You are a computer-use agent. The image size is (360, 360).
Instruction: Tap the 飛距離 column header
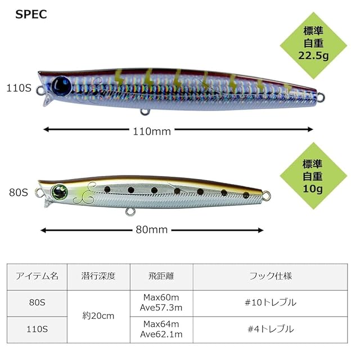(x=161, y=276)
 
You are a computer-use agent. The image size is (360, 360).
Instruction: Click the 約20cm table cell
(x=98, y=316)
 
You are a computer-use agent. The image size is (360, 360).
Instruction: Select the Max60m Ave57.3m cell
(x=161, y=303)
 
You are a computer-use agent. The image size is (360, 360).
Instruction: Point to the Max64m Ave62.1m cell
(x=161, y=329)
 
